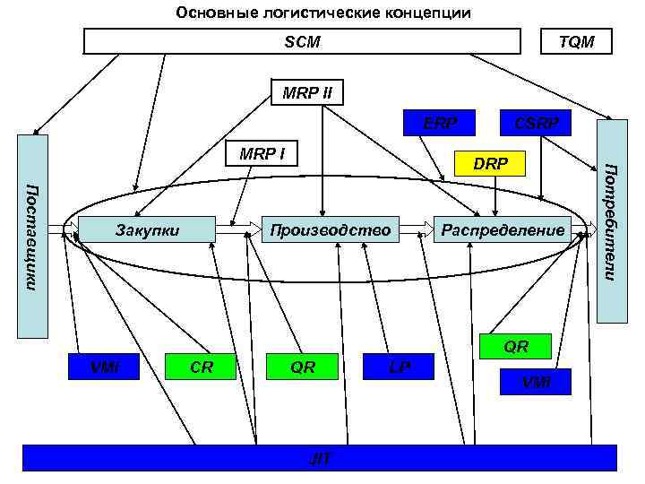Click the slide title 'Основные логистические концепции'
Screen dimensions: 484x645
322,13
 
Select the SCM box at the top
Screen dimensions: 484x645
302,42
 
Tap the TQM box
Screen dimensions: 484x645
576,42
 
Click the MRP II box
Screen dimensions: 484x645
307,92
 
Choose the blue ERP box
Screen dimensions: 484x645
440,123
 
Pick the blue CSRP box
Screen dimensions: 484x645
535,123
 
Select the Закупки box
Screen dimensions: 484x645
148,230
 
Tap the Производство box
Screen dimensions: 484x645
331,230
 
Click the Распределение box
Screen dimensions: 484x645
503,230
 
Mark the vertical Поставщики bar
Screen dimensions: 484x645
33,237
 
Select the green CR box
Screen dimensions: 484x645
202,366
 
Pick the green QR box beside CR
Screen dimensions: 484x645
303,366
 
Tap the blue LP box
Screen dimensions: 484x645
399,366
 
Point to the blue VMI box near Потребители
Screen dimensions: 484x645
537,383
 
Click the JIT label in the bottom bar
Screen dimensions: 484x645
320,458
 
